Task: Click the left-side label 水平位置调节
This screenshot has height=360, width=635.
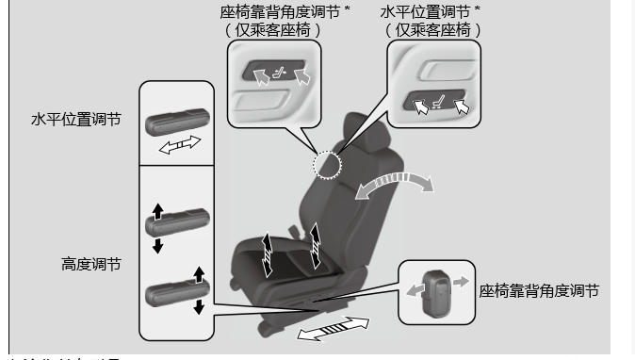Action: tap(75, 121)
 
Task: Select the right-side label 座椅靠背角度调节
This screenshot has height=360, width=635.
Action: tap(539, 291)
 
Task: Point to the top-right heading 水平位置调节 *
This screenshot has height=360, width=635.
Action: tap(430, 11)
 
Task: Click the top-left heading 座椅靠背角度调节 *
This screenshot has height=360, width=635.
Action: tap(280, 11)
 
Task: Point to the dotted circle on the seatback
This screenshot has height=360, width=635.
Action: tap(326, 165)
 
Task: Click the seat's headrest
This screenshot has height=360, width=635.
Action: tap(363, 132)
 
